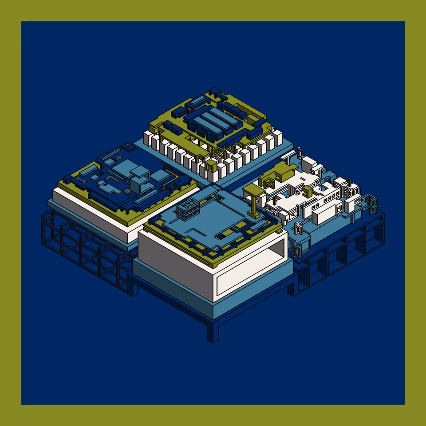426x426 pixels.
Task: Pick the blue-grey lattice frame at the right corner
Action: [373, 204]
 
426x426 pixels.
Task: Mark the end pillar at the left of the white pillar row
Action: [147, 139]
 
